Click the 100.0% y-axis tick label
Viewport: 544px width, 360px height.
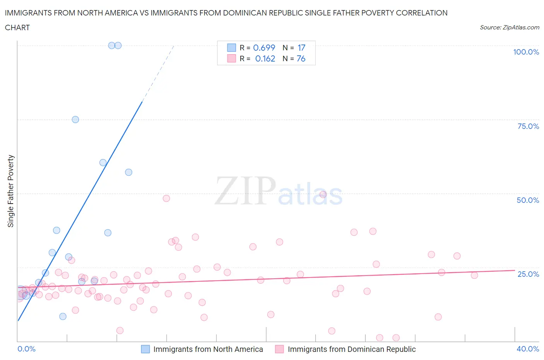(526, 52)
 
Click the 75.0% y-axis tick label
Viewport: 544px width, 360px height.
(528, 126)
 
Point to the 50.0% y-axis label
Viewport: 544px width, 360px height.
(528, 200)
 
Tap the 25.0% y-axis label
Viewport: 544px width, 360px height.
(528, 274)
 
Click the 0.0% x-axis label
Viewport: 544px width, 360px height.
(26, 349)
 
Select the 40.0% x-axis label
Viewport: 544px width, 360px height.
(528, 349)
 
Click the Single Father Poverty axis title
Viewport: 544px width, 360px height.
(10, 191)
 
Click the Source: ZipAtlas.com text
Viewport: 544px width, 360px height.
(509, 27)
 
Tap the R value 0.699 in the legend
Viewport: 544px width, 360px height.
(264, 48)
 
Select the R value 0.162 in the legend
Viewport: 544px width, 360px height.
(265, 58)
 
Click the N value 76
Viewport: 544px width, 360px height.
(301, 58)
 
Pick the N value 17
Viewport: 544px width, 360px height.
(301, 48)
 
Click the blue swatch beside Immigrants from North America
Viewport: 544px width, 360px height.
(145, 349)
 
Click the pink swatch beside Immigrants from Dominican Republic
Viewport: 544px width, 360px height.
(279, 349)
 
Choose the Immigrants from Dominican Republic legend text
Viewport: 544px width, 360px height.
(352, 349)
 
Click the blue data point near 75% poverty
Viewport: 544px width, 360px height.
(75, 120)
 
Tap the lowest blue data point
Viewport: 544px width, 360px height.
(63, 316)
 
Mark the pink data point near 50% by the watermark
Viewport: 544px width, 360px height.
(323, 194)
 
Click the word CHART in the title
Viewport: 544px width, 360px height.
(17, 27)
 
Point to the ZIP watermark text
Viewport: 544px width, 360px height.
(245, 190)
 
